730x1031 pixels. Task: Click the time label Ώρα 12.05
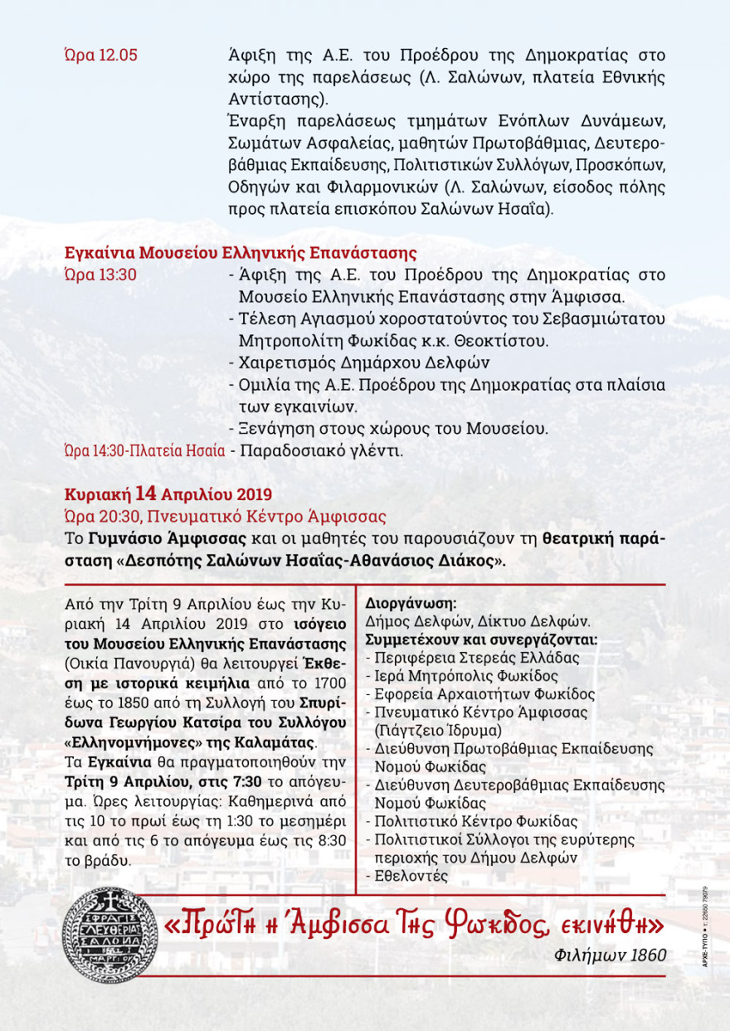[x=100, y=56]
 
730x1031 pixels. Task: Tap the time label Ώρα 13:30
[x=100, y=275]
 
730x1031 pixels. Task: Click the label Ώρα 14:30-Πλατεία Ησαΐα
[x=145, y=451]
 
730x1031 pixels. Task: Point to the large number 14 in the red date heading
[x=146, y=494]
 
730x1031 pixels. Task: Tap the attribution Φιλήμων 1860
[x=610, y=956]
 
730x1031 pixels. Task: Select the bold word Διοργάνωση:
[x=411, y=604]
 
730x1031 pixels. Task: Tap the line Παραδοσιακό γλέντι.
[x=320, y=451]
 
